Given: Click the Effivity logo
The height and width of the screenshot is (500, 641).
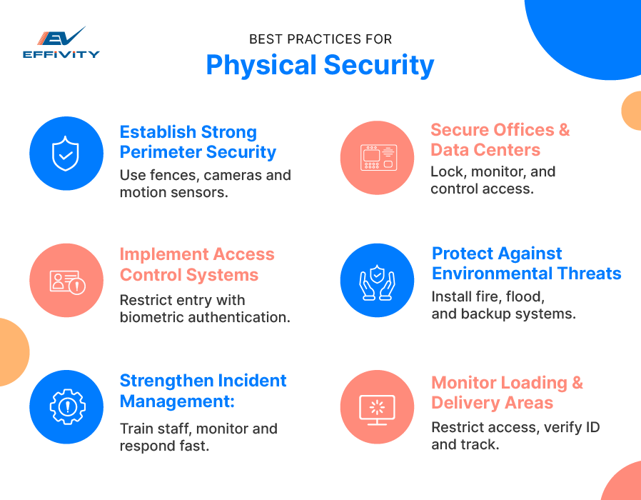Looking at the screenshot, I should [x=61, y=42].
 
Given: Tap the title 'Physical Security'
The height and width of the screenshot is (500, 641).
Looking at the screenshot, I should [x=320, y=65].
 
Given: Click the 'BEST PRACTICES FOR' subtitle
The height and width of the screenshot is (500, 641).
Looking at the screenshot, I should [x=320, y=39].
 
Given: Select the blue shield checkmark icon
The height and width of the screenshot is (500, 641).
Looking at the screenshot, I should [x=66, y=154].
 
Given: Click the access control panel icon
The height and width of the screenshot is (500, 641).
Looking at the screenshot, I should [x=378, y=157].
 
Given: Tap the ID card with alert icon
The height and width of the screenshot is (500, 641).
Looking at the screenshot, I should [x=66, y=281].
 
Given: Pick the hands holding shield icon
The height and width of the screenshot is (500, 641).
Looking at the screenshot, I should [x=378, y=280].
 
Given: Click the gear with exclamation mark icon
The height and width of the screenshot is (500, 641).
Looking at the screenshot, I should [x=66, y=407].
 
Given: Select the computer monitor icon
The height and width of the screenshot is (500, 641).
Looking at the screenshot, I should [x=378, y=407].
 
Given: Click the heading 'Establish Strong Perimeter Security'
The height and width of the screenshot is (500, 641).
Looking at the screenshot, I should [x=198, y=142].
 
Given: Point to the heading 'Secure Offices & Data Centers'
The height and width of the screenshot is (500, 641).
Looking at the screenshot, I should [x=500, y=140].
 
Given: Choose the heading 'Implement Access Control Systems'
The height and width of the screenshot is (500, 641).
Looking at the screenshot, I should [x=197, y=265].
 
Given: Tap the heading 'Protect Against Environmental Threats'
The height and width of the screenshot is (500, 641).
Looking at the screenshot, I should [x=526, y=264].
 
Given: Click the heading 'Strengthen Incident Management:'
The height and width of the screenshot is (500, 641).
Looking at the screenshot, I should [x=203, y=391].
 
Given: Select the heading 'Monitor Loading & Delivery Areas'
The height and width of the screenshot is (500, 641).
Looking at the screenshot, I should [x=507, y=393].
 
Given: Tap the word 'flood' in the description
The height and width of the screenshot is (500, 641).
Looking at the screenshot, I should [x=526, y=296].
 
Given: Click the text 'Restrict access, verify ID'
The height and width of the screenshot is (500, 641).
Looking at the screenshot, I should [x=515, y=427].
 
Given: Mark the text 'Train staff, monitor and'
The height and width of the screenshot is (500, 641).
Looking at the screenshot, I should [x=198, y=429].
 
